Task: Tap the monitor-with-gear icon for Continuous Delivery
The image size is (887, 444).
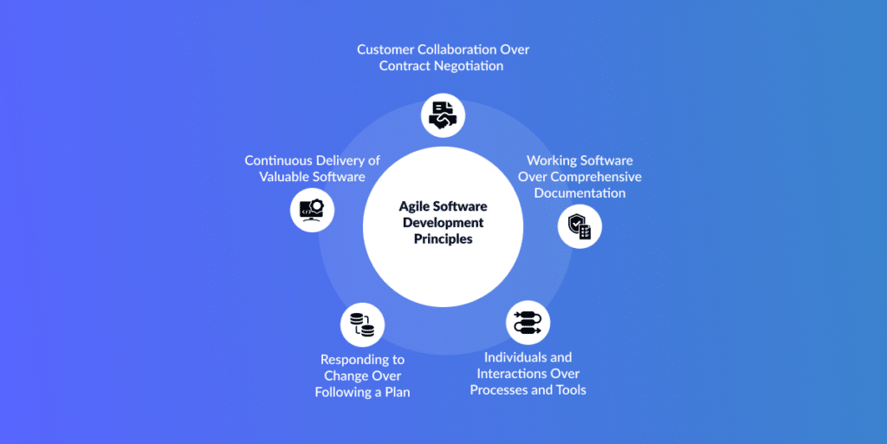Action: click(312, 210)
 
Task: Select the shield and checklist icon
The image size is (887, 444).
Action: click(579, 227)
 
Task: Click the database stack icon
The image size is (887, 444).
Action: click(362, 325)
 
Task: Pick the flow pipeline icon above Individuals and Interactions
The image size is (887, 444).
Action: click(528, 323)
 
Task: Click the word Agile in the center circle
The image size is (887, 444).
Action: click(415, 206)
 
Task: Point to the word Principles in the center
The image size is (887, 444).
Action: click(443, 238)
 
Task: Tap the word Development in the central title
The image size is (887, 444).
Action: click(443, 223)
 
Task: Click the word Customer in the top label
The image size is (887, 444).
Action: click(386, 49)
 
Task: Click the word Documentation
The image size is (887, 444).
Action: click(579, 193)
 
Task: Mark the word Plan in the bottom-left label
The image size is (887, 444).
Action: click(396, 392)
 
